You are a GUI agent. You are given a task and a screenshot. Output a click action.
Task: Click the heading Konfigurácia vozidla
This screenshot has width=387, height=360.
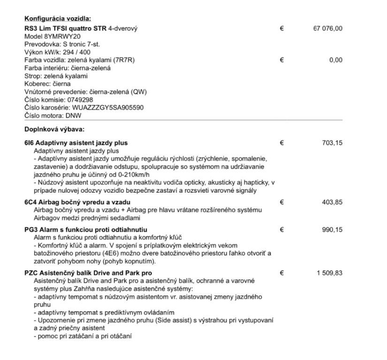pyautogui.click(x=58, y=19)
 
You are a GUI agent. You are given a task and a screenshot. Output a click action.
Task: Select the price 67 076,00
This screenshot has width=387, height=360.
pyautogui.click(x=327, y=28)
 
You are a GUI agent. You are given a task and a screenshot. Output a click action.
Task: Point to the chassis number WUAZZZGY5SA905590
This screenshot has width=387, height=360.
pyautogui.click(x=108, y=107)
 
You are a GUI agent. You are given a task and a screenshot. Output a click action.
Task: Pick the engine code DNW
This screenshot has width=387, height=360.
pyautogui.click(x=73, y=115)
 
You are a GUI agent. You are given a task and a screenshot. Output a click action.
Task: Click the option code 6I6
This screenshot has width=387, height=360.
pyautogui.click(x=29, y=142)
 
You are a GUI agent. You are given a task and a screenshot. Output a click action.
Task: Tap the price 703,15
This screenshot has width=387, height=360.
pyautogui.click(x=332, y=142)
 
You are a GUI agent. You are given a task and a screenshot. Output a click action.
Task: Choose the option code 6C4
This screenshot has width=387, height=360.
pyautogui.click(x=30, y=202)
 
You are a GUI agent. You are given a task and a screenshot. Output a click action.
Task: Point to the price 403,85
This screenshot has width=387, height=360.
pyautogui.click(x=332, y=202)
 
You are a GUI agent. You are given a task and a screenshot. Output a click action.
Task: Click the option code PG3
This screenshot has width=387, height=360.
pyautogui.click(x=30, y=230)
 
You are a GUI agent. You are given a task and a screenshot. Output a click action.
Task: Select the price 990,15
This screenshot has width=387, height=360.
pyautogui.click(x=332, y=230)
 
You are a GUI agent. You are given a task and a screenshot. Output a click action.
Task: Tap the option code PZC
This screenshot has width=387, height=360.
pyautogui.click(x=31, y=273)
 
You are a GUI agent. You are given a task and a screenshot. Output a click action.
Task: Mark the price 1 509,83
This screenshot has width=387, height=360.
pyautogui.click(x=329, y=273)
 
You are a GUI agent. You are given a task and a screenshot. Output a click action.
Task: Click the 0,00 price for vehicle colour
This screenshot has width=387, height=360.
pyautogui.click(x=335, y=60)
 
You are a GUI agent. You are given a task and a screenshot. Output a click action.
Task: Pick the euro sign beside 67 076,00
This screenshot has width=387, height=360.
pyautogui.click(x=281, y=28)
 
